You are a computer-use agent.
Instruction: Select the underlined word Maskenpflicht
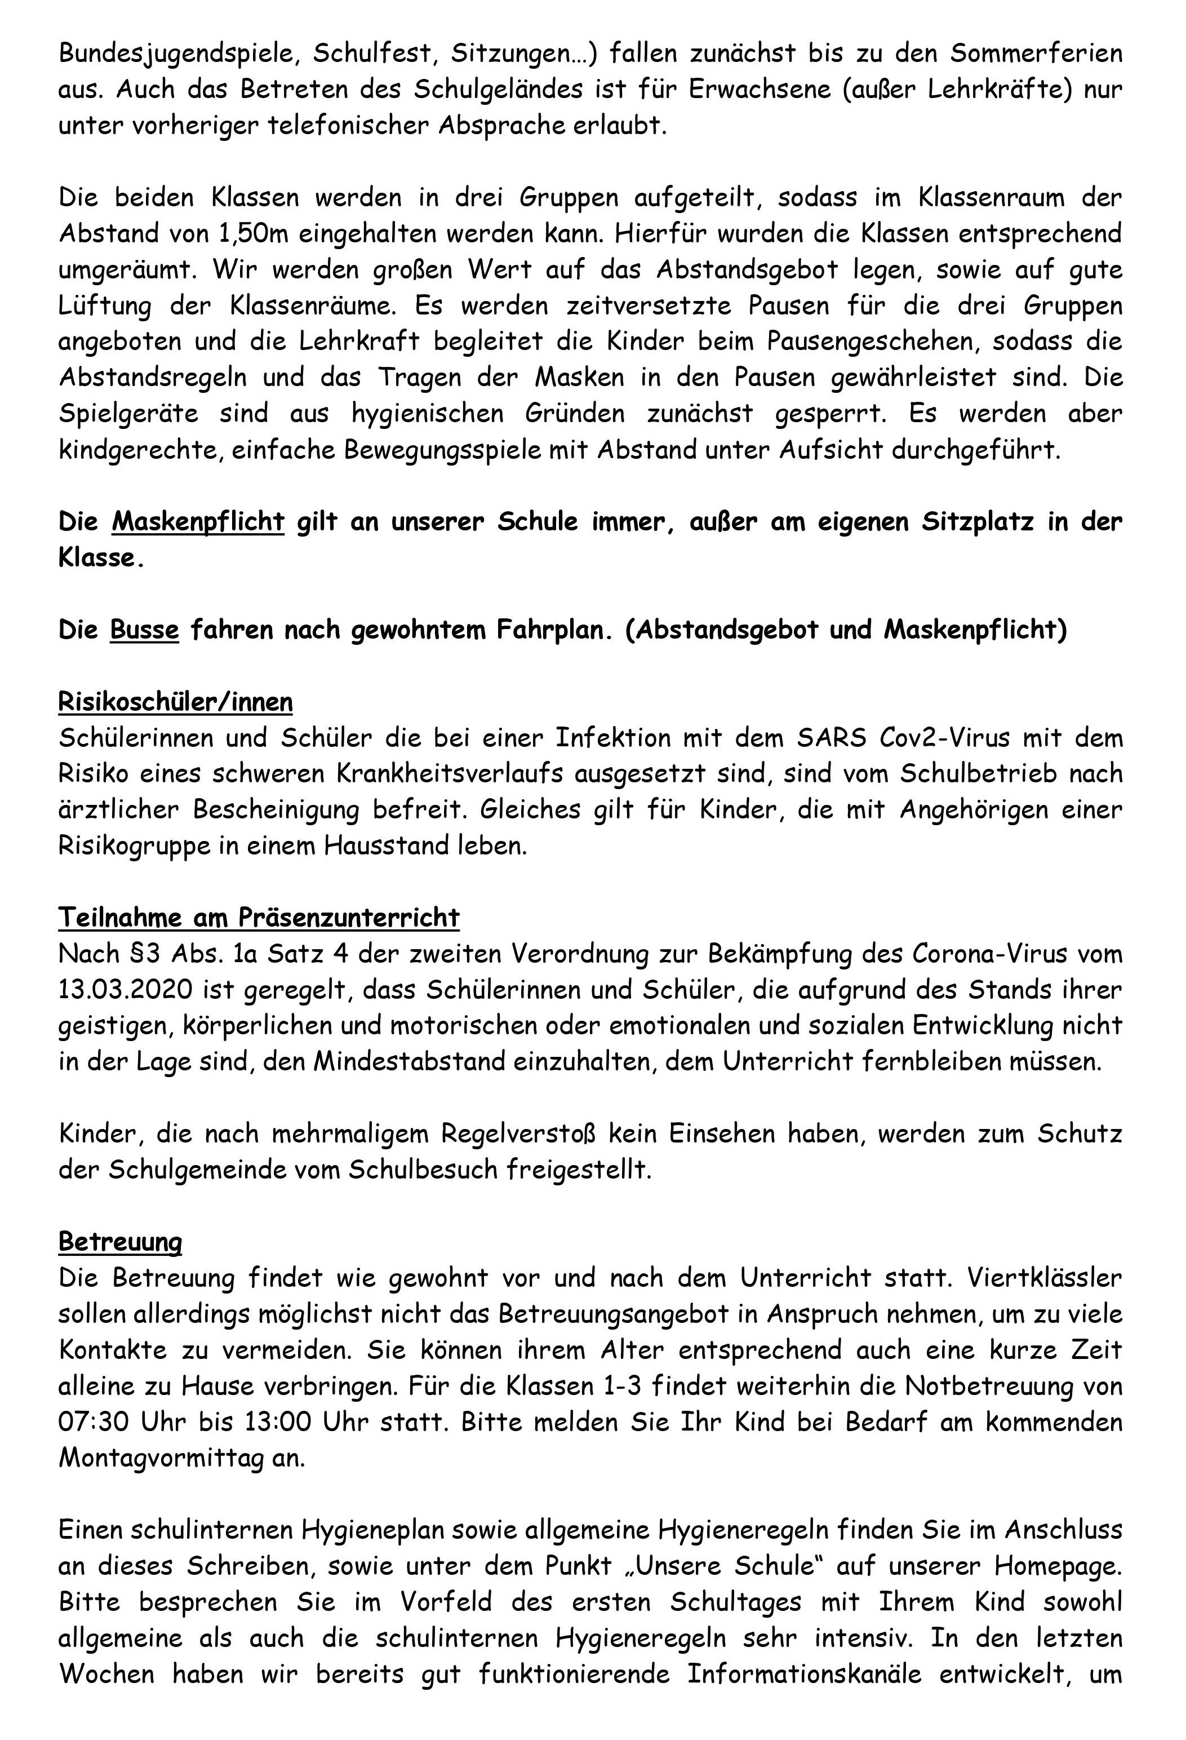coord(198,522)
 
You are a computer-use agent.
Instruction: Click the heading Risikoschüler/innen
coord(176,702)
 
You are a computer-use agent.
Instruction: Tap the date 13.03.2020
coord(123,990)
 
